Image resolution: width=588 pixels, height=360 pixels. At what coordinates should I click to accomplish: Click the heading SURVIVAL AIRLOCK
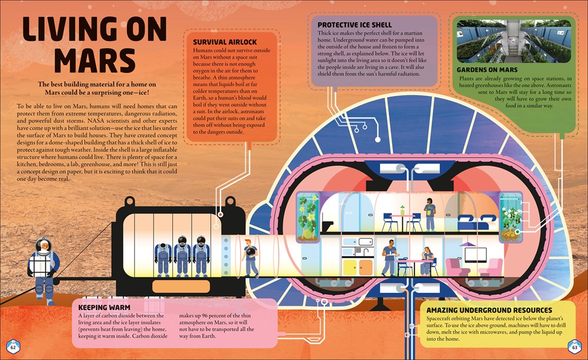pos(225,42)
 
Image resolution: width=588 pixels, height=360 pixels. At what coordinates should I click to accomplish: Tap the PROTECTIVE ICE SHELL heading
pos(355,25)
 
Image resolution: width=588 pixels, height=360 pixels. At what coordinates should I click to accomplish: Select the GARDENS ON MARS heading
pos(487,70)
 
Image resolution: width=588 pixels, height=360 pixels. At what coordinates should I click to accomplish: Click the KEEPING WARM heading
pos(104,308)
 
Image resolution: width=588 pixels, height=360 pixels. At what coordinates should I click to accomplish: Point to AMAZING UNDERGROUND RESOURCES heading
pos(489,310)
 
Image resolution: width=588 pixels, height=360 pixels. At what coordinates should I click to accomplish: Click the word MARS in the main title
pos(95,60)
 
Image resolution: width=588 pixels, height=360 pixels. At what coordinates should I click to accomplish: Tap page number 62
pos(13,348)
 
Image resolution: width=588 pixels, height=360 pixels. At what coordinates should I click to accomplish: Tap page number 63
pos(574,348)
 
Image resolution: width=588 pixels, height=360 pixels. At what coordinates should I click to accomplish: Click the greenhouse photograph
pos(514,41)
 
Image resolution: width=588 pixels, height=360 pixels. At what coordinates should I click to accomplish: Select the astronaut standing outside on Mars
pos(44,271)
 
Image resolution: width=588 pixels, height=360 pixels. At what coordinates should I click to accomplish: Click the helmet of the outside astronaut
pos(44,245)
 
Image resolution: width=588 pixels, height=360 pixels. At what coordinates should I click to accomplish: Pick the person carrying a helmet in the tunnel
pos(250,258)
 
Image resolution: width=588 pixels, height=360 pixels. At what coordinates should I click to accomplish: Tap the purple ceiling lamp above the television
pos(467,245)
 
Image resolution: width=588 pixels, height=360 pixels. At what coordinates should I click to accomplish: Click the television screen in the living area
pos(476,255)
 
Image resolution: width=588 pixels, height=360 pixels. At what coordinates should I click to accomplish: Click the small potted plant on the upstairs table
pos(402,210)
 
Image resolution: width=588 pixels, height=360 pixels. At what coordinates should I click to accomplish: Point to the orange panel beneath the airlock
pos(181,286)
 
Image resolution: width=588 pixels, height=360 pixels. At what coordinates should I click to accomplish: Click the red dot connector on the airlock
pos(220,215)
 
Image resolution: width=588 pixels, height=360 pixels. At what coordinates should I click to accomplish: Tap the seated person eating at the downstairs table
pos(427,261)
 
